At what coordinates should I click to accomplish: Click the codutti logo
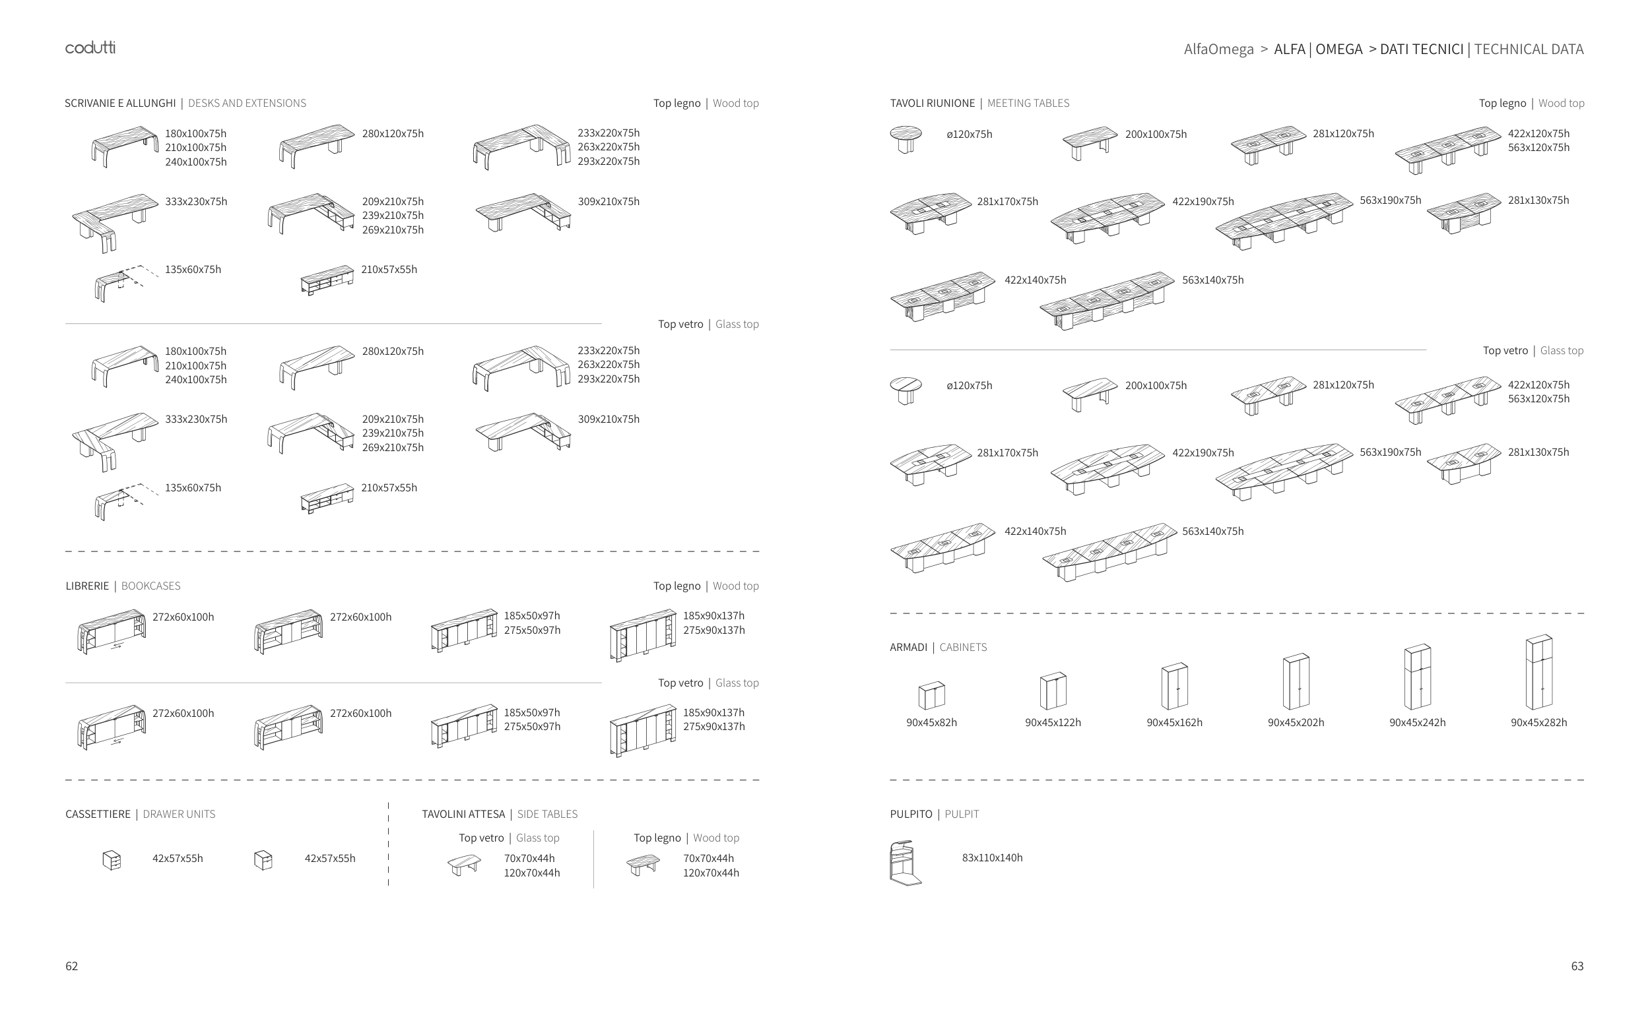click(90, 47)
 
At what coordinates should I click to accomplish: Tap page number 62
click(71, 966)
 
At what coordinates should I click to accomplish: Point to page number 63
click(1577, 966)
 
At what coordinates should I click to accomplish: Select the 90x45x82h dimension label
click(931, 722)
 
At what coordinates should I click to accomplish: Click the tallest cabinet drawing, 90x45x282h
click(1538, 672)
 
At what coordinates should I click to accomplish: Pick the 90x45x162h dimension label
click(1173, 722)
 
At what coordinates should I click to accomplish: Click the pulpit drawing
click(905, 863)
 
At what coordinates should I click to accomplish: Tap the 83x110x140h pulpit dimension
click(991, 857)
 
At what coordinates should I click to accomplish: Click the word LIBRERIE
click(86, 586)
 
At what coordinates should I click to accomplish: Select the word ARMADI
click(907, 647)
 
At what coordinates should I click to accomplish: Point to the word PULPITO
click(910, 815)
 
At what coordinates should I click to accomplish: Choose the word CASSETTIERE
click(98, 815)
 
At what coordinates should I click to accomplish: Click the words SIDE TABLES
click(547, 815)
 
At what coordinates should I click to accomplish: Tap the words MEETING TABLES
click(1028, 104)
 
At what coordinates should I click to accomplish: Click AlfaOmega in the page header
click(1218, 49)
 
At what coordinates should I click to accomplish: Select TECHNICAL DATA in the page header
click(1529, 49)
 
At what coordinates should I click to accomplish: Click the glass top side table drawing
click(464, 865)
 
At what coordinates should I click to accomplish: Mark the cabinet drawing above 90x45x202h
click(1296, 681)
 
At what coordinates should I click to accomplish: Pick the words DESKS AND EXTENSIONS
click(247, 104)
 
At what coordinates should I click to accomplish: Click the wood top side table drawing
click(643, 865)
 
